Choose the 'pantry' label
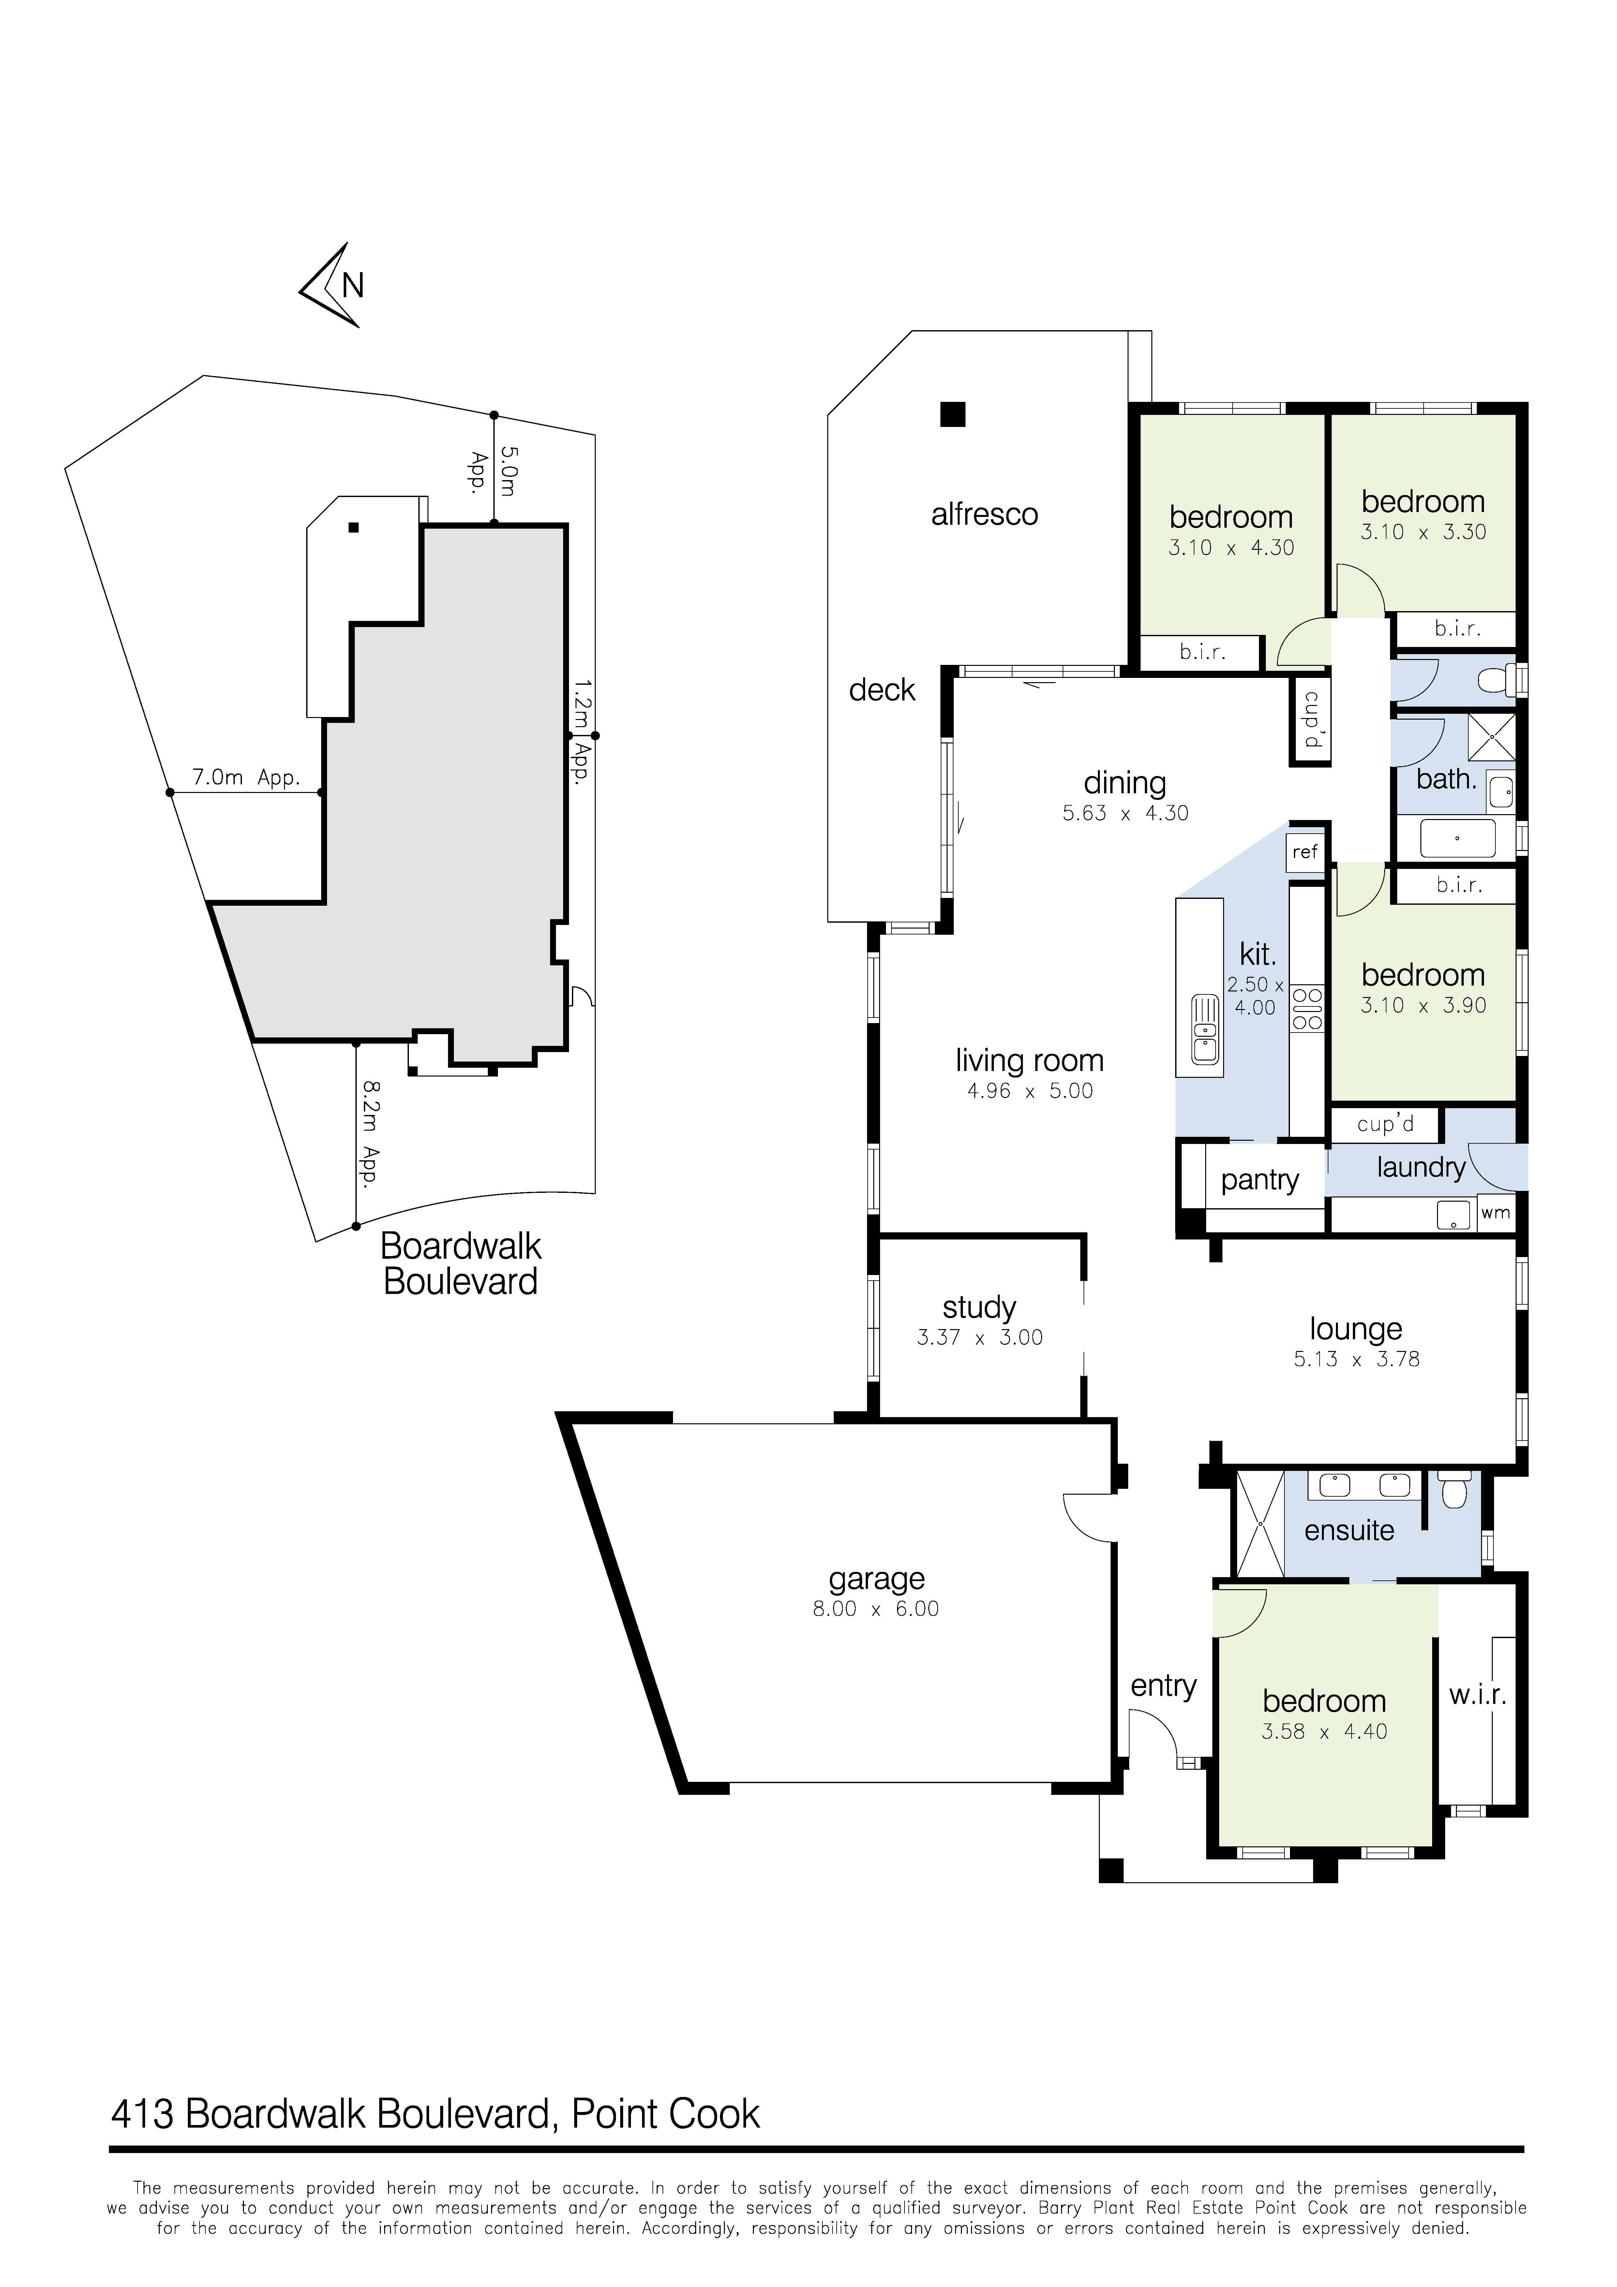(x=1260, y=1180)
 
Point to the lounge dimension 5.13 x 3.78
(x=1356, y=1359)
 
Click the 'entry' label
(x=1163, y=1686)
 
